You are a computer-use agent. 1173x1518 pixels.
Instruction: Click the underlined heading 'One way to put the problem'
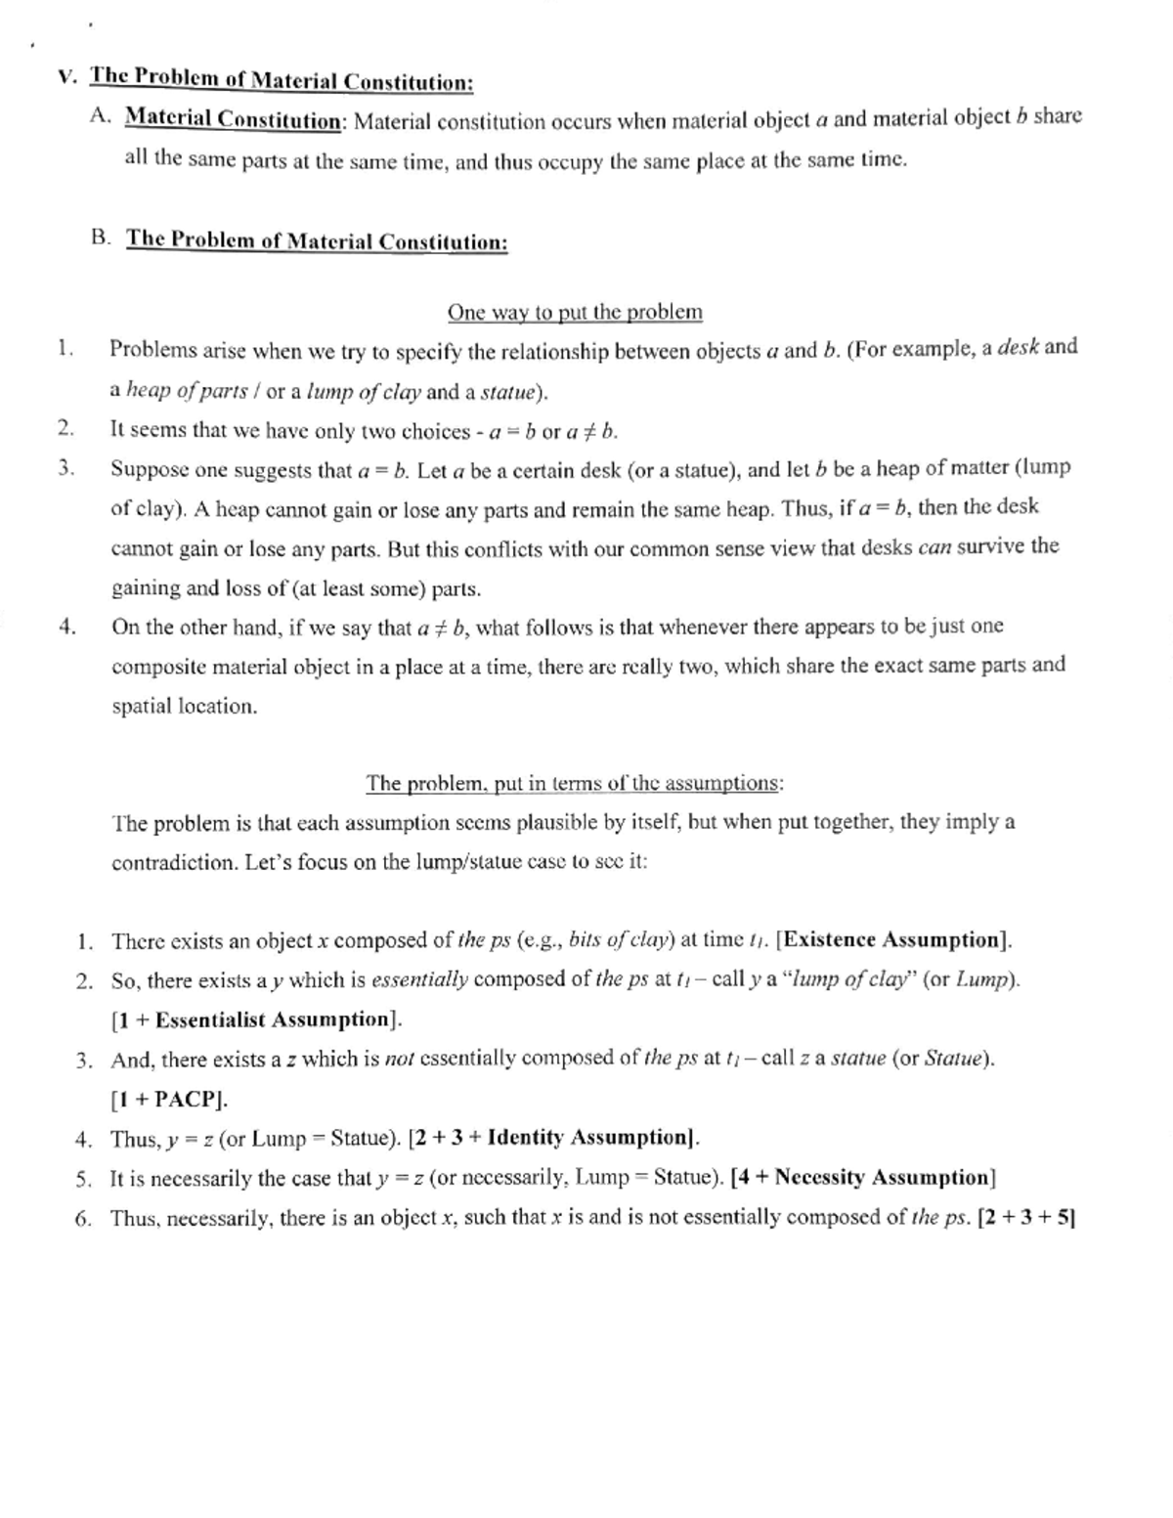coord(575,313)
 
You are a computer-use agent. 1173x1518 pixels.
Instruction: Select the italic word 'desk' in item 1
coord(1018,347)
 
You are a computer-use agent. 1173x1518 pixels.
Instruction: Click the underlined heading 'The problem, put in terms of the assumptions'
coord(574,784)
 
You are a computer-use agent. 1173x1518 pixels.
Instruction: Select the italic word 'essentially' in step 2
coord(419,980)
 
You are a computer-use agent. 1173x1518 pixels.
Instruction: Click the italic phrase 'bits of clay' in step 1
coord(621,941)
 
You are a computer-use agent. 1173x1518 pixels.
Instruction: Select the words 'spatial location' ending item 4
coord(184,707)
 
